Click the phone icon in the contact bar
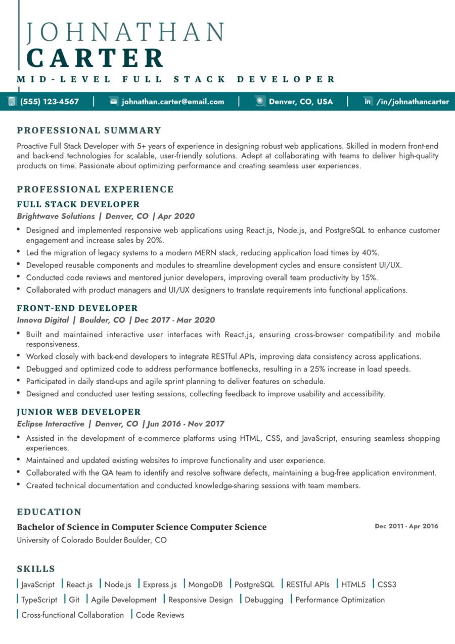[12, 101]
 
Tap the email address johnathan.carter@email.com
[173, 102]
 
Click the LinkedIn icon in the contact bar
[368, 102]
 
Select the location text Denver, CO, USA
[301, 102]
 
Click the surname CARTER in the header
[95, 58]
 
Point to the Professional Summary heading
[89, 130]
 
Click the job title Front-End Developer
[77, 308]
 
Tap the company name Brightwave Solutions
[56, 216]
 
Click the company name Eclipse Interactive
[51, 424]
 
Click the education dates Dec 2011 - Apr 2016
[406, 526]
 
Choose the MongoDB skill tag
[205, 585]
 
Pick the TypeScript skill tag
[39, 600]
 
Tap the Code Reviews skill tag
[160, 615]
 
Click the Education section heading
[49, 512]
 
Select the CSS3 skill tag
[387, 585]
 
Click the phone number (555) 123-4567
[50, 102]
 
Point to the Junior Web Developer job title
[79, 412]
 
